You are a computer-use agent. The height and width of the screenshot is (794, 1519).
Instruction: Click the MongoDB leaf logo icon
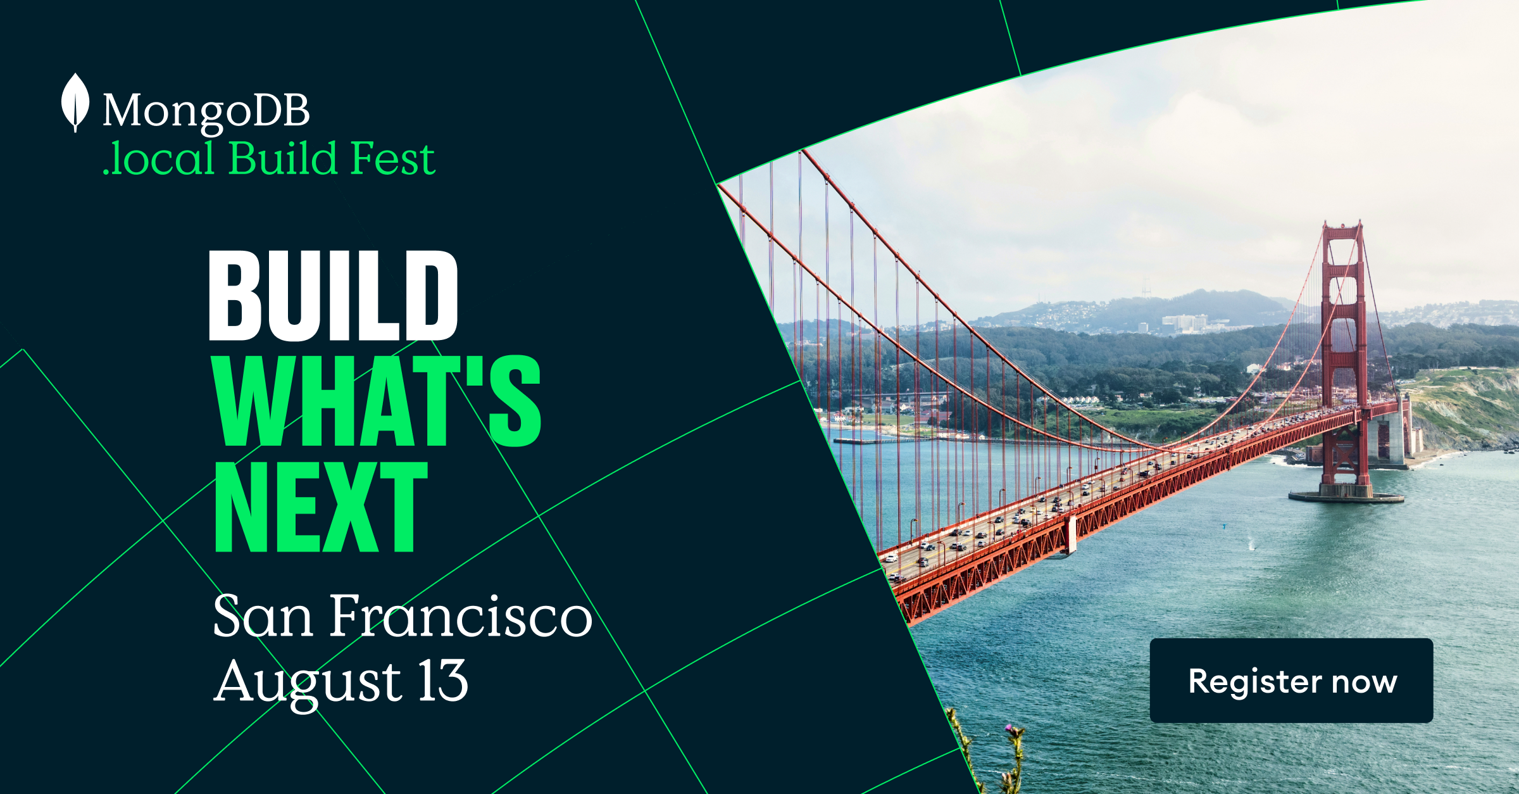(75, 103)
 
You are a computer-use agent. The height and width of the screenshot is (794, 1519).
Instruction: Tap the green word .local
(158, 158)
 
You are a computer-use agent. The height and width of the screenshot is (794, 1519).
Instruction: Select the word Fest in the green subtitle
(392, 158)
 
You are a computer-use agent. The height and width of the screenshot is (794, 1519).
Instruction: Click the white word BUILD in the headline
(333, 295)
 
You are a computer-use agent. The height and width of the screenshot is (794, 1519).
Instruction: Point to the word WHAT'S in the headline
(377, 400)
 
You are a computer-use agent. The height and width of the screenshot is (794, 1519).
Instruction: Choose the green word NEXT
(321, 506)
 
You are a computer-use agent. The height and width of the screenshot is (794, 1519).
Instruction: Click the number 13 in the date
(443, 681)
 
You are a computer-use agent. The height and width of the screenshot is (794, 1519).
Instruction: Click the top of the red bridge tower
(1342, 225)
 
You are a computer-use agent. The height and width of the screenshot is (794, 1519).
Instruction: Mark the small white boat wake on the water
(1251, 543)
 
